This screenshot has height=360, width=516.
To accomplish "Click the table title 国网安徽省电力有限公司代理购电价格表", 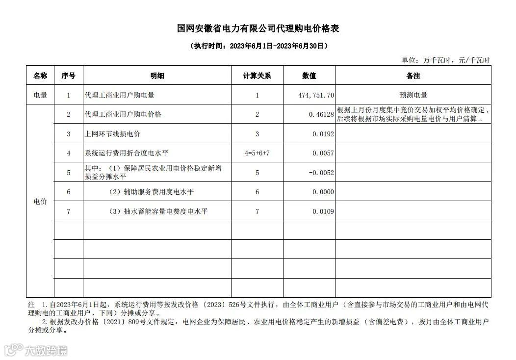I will point(258,28).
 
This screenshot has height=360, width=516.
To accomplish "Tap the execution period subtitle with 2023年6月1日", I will point(258,46).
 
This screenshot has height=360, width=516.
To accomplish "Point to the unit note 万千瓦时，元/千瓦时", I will point(445,60).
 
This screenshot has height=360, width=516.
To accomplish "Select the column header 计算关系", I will point(257,76).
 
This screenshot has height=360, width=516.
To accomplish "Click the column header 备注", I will point(413,76).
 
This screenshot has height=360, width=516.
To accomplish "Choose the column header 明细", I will point(157,76).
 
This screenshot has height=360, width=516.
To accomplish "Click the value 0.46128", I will point(321,114).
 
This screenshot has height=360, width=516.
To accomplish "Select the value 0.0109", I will point(323,211).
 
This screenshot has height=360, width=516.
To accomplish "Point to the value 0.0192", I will point(323,134).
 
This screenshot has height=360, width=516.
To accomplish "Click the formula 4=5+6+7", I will point(257,153).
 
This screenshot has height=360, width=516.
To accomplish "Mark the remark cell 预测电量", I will point(413,95).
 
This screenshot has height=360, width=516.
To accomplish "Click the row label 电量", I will point(40,95).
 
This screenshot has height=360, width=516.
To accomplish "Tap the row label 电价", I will point(40,202).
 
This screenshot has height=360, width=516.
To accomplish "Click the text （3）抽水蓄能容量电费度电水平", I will point(158,211).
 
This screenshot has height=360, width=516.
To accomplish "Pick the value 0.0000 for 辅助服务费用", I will point(323,192).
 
